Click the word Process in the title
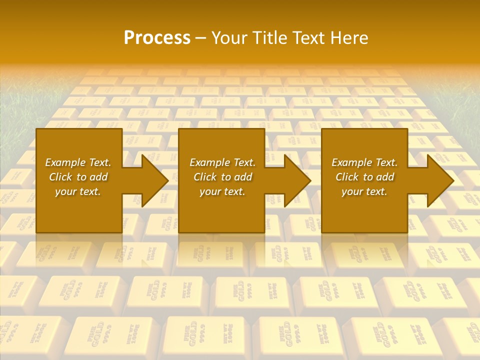coord(157,38)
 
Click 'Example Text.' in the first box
coord(78,162)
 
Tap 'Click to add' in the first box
coord(78,177)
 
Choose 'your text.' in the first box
coord(78,191)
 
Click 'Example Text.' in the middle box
coord(222,162)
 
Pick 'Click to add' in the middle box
coord(222,177)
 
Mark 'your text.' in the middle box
coord(222,191)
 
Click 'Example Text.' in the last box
coord(364,162)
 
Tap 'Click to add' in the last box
coord(364,177)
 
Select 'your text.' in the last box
coord(364,191)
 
